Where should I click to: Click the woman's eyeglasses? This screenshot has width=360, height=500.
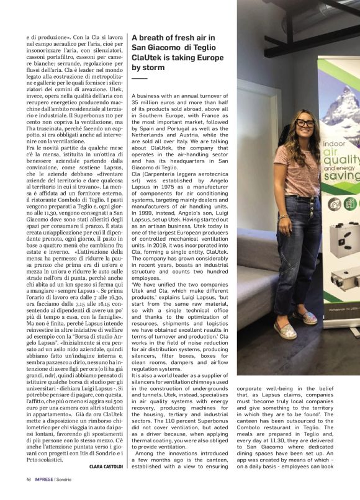click(305, 123)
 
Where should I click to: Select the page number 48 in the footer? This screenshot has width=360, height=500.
click(29, 479)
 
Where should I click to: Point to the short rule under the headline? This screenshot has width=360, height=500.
click(140, 79)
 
